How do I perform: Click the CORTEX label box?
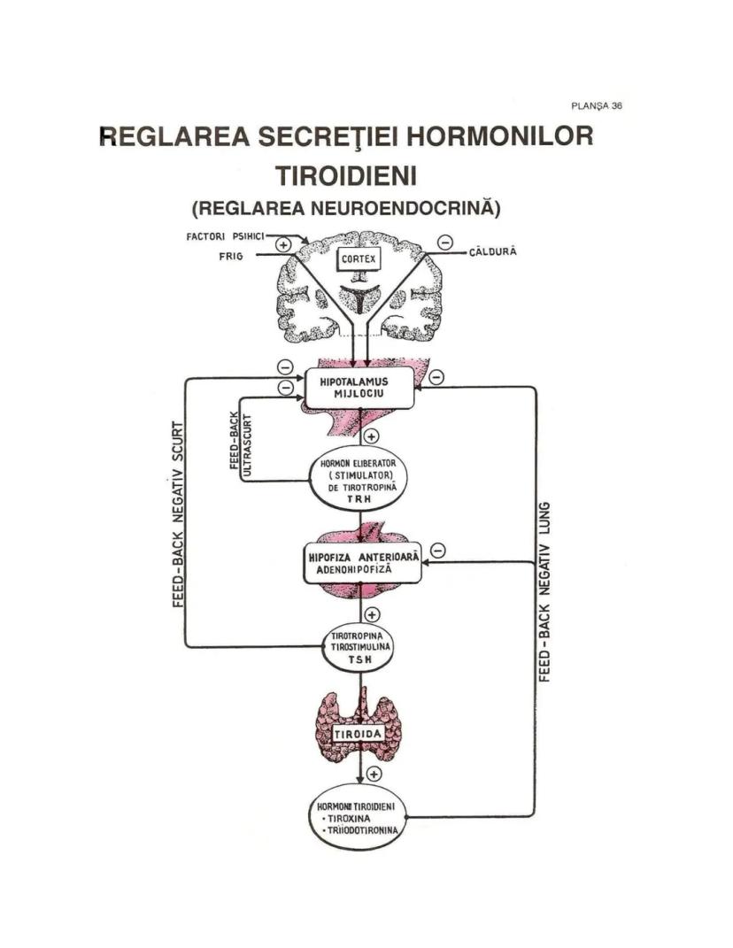359,259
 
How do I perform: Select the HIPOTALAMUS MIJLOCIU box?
360,388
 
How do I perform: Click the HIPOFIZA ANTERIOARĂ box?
361,562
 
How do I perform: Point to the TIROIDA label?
359,734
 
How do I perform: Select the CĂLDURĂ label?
493,252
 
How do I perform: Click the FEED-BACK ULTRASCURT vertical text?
241,443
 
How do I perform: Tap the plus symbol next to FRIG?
283,244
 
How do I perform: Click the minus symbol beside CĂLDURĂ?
444,242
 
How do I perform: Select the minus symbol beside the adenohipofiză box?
436,551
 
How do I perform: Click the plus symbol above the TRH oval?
372,436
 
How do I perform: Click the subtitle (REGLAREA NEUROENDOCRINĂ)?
346,210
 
